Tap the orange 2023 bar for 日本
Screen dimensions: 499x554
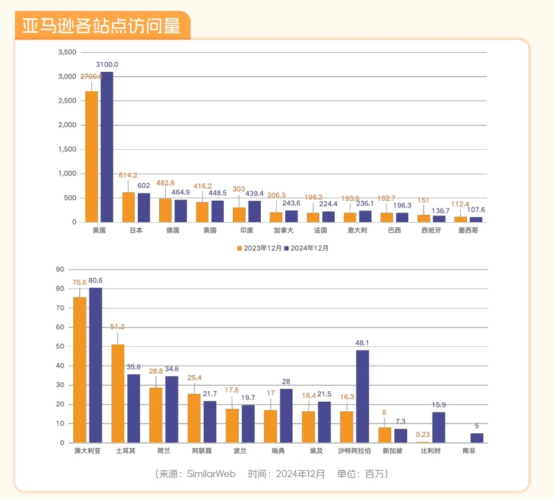(x=129, y=208)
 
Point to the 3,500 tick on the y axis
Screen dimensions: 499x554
(x=66, y=52)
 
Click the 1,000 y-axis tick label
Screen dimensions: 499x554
(x=66, y=173)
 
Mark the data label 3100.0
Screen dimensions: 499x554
(x=107, y=65)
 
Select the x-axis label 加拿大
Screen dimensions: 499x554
(x=284, y=231)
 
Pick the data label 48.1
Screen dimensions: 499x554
(x=363, y=343)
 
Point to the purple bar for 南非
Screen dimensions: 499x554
(x=477, y=438)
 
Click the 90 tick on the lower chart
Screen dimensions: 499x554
(x=60, y=269)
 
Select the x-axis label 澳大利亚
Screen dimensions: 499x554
(x=87, y=452)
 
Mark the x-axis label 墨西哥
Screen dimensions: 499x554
(x=469, y=231)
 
